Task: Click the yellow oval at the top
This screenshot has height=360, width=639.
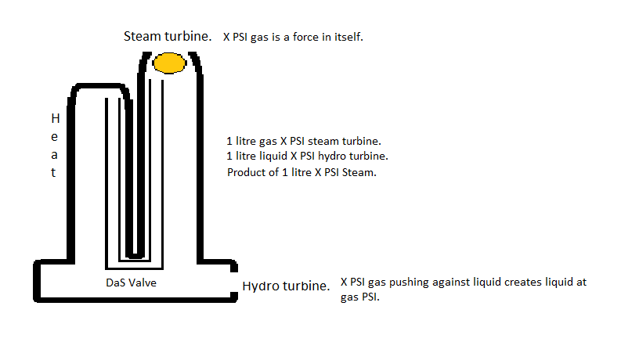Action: pyautogui.click(x=169, y=63)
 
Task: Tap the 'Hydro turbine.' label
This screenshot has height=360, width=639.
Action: pyautogui.click(x=286, y=286)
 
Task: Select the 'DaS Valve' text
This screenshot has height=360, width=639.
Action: pyautogui.click(x=131, y=283)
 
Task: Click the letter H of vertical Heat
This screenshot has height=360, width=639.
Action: pyautogui.click(x=54, y=119)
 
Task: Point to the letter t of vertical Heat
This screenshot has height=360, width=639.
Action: pyautogui.click(x=54, y=173)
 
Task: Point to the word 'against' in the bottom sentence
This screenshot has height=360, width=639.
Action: pyautogui.click(x=452, y=283)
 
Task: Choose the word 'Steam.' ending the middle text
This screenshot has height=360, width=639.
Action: pyautogui.click(x=360, y=172)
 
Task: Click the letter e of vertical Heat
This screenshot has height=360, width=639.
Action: pyautogui.click(x=54, y=137)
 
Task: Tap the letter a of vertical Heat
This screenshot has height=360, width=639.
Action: pyautogui.click(x=54, y=155)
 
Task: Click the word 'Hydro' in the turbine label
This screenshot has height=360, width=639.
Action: pyautogui.click(x=261, y=286)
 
